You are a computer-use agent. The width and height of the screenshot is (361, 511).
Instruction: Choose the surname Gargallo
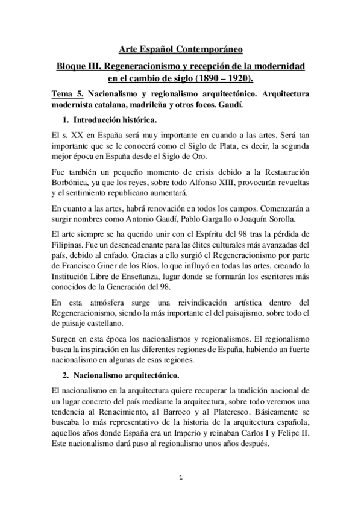(225, 219)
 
